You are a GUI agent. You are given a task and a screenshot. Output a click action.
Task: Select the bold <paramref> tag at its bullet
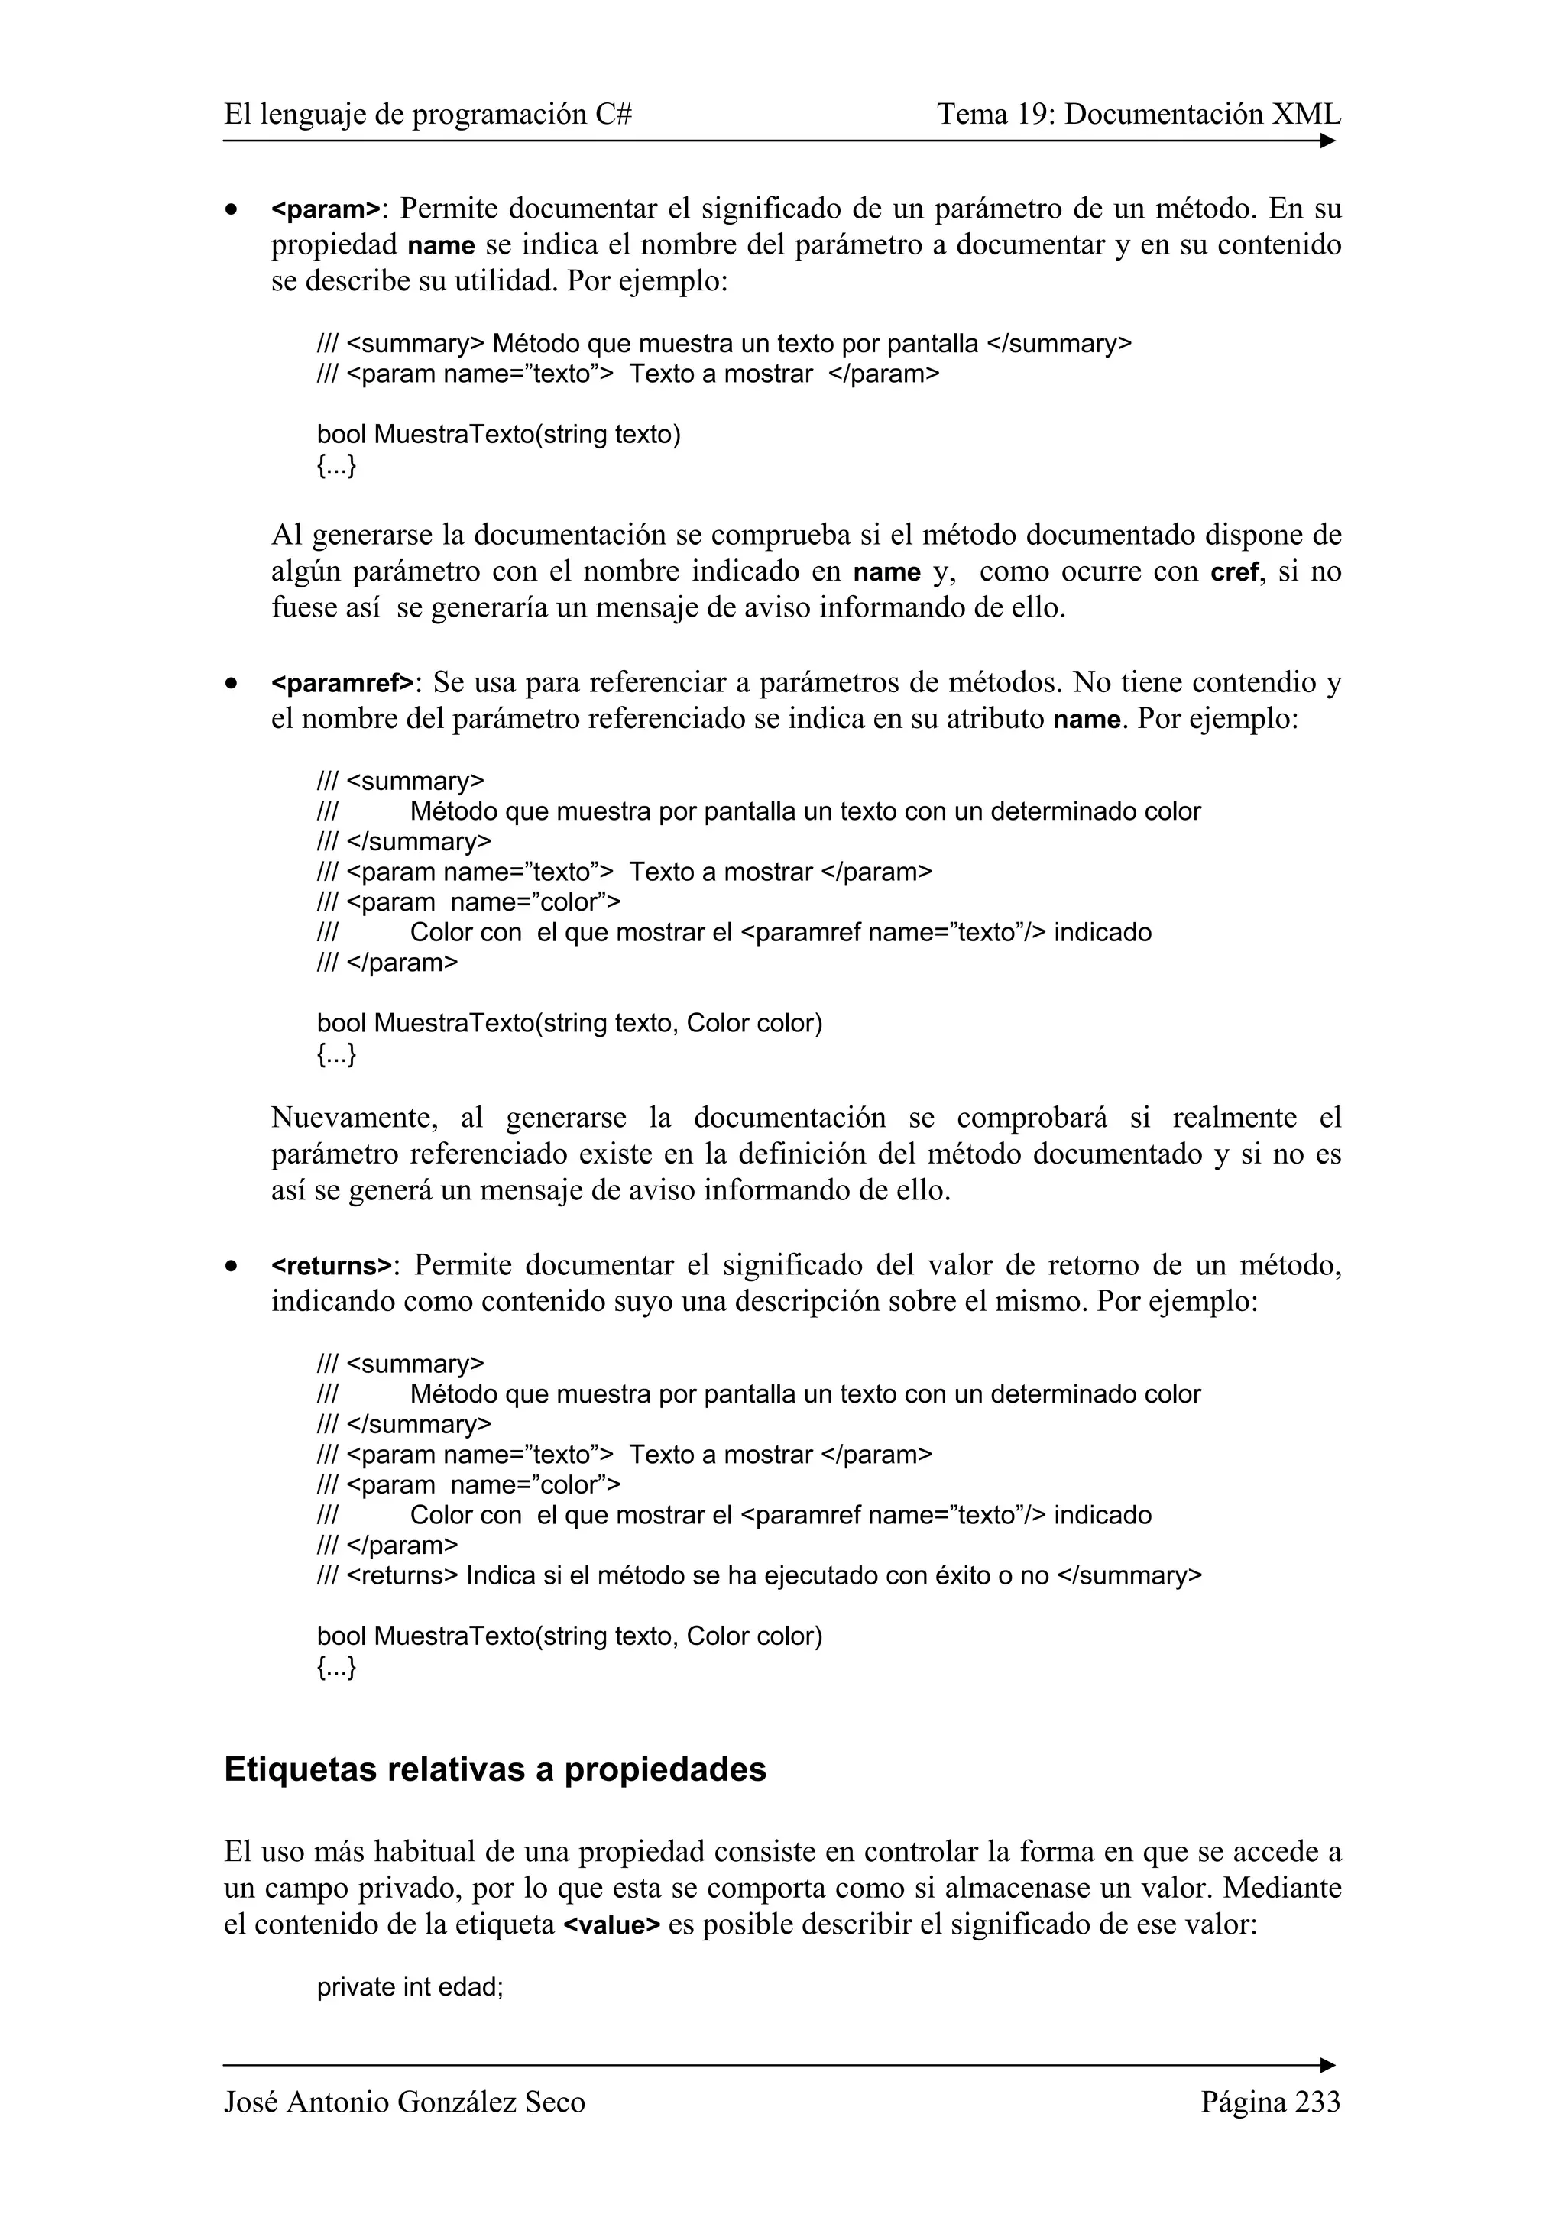coord(342,684)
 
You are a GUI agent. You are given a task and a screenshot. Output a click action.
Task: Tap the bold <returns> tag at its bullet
coord(332,1266)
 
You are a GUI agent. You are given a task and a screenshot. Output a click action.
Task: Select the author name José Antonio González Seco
coord(404,2102)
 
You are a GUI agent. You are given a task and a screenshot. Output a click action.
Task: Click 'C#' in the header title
coord(614,115)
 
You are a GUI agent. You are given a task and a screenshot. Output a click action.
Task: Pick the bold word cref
coord(1234,573)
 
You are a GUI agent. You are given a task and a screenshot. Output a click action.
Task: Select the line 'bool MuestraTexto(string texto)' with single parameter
coord(498,435)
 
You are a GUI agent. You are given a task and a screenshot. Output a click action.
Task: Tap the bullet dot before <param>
coord(231,210)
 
